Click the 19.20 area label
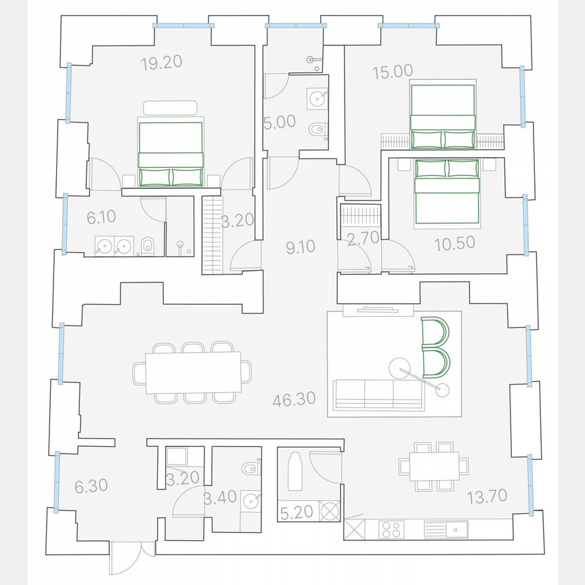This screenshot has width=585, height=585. tap(162, 64)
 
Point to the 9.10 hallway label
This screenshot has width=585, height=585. tap(301, 248)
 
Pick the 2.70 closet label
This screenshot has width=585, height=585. tap(360, 238)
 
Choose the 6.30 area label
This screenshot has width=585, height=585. tap(87, 485)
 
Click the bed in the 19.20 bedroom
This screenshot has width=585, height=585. tap(171, 154)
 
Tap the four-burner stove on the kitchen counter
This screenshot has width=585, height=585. tap(391, 528)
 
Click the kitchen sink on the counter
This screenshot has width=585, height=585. tap(455, 528)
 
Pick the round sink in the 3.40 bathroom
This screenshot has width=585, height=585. tap(252, 500)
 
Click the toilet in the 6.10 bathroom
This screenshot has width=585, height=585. tap(147, 246)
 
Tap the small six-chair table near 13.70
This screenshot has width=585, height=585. tap(433, 466)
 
